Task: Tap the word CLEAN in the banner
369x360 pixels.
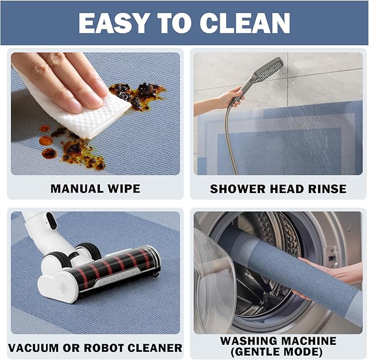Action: (x=245, y=23)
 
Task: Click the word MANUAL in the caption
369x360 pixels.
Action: (x=77, y=189)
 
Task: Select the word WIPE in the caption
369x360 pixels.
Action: (x=124, y=189)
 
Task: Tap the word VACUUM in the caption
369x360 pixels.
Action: (x=33, y=348)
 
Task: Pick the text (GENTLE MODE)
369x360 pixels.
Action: (x=276, y=352)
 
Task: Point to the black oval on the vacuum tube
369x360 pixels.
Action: (x=52, y=220)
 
